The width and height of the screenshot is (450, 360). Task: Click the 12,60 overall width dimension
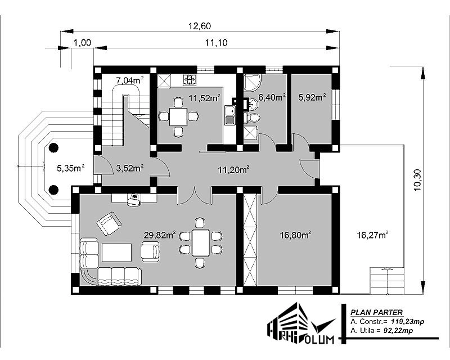tap(200, 26)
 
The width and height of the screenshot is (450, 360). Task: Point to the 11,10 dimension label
tap(216, 43)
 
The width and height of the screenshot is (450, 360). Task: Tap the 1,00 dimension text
tap(82, 43)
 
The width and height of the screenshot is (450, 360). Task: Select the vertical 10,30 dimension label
tap(417, 179)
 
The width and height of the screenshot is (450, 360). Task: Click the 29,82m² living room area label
tap(160, 235)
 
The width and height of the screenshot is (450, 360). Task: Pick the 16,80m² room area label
tap(296, 235)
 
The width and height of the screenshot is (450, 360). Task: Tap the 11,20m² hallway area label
tap(233, 170)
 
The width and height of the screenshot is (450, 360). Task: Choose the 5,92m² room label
tap(312, 97)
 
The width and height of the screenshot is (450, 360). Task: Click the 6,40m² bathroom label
tap(272, 97)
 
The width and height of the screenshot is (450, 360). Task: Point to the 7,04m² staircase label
tap(130, 80)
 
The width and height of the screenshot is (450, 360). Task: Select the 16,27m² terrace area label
tap(373, 235)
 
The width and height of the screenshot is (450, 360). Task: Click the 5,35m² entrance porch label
tap(71, 168)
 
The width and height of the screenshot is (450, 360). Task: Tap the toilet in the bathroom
tap(252, 118)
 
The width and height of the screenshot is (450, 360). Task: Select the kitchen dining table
tap(178, 116)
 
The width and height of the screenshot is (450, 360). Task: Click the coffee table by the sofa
tap(117, 253)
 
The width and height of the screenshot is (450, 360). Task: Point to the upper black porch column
tap(53, 148)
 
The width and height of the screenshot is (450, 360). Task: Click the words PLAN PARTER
tap(376, 312)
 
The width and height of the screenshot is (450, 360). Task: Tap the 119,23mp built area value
tap(407, 322)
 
